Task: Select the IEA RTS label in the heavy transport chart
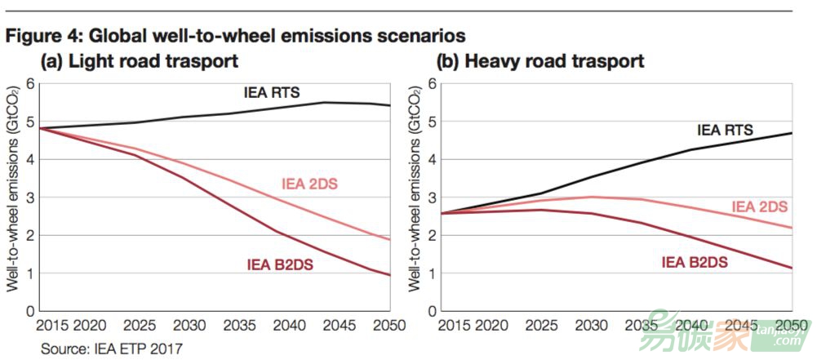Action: coord(724,129)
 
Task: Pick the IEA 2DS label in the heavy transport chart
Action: coord(759,207)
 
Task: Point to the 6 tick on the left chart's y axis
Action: coord(29,83)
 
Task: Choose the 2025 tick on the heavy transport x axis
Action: coord(537,326)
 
